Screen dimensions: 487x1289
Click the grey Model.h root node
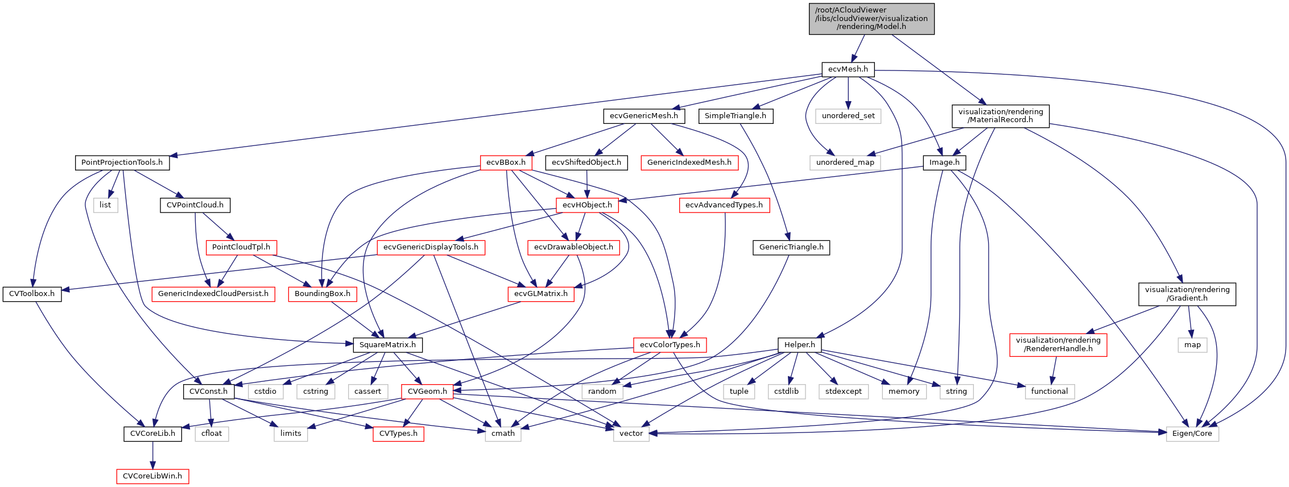tap(871, 19)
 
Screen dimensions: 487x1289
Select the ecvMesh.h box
tap(848, 69)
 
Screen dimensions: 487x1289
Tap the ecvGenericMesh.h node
tap(643, 116)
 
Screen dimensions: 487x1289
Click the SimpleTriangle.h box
tap(735, 116)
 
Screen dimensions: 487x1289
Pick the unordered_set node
tap(848, 116)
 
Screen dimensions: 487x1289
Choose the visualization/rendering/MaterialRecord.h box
tap(1000, 116)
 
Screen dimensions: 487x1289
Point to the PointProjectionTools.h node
tap(122, 163)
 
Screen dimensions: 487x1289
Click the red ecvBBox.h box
tap(506, 163)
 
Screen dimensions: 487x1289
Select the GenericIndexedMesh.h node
tap(689, 163)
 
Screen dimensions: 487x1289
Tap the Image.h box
tap(944, 163)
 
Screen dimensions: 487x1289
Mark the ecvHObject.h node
tap(587, 205)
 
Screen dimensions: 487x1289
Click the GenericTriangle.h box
tap(791, 247)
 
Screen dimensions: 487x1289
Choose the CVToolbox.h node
tap(32, 294)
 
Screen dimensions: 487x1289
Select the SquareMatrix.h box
tap(387, 345)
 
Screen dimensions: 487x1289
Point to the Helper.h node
tap(799, 345)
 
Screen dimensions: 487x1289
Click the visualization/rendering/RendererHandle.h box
tap(1058, 344)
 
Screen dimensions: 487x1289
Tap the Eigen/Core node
tap(1192, 434)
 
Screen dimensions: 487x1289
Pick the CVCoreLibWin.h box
tap(152, 476)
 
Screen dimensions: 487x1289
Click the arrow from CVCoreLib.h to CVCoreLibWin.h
tap(152, 455)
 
